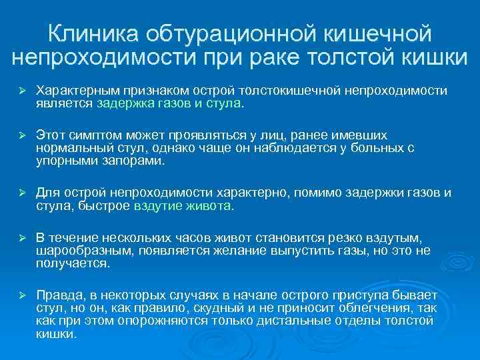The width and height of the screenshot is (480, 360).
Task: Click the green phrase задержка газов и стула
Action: pos(169,103)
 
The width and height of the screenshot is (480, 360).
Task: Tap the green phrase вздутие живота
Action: pos(183,206)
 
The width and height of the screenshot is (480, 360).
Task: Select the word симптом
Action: pos(93,135)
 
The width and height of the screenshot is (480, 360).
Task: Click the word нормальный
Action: pos(71,148)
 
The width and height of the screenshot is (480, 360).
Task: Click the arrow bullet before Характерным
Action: pos(21,89)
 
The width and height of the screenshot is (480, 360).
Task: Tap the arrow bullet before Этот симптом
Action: pos(21,135)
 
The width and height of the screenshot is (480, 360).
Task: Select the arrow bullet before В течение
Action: pos(21,238)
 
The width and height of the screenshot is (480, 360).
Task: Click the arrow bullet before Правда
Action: pos(21,295)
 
